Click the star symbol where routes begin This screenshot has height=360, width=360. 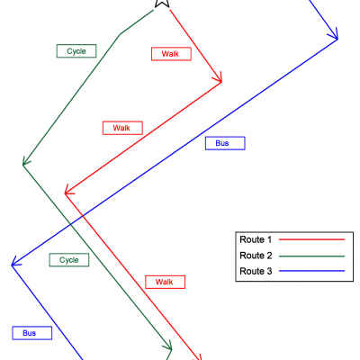click(162, 3)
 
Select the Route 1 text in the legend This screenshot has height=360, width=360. click(256, 239)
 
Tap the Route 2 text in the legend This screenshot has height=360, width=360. click(256, 256)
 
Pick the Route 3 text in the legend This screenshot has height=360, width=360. click(256, 271)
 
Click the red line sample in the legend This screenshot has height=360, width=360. click(311, 239)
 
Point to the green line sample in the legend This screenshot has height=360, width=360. click(311, 256)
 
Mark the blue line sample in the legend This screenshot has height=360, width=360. click(311, 271)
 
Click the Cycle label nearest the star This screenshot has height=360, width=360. click(76, 51)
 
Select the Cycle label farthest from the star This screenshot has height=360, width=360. click(69, 260)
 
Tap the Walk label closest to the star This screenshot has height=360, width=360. click(171, 54)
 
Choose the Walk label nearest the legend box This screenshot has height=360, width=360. click(165, 282)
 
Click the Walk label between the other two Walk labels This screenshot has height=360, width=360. click(122, 128)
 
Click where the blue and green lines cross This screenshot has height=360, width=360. click(70, 224)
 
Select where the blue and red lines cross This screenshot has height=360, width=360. click(83, 215)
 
